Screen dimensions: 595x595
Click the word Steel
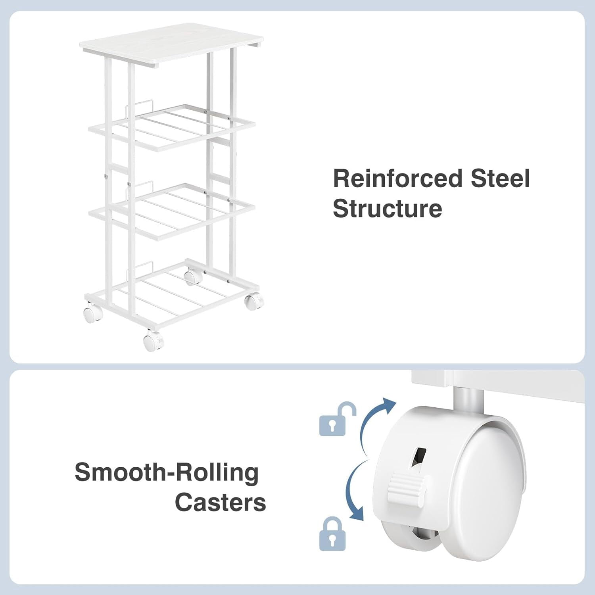(x=500, y=178)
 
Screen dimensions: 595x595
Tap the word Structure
(x=387, y=208)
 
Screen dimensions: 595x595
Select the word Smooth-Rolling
(x=167, y=473)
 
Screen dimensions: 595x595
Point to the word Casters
(x=220, y=502)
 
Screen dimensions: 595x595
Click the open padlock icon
(x=338, y=419)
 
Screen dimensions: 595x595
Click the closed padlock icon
(x=332, y=534)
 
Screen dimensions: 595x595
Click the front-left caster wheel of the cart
(x=93, y=312)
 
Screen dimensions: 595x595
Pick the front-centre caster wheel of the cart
(x=153, y=341)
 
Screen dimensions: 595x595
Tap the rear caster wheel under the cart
(x=193, y=276)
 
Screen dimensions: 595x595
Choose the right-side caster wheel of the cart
(x=254, y=301)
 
